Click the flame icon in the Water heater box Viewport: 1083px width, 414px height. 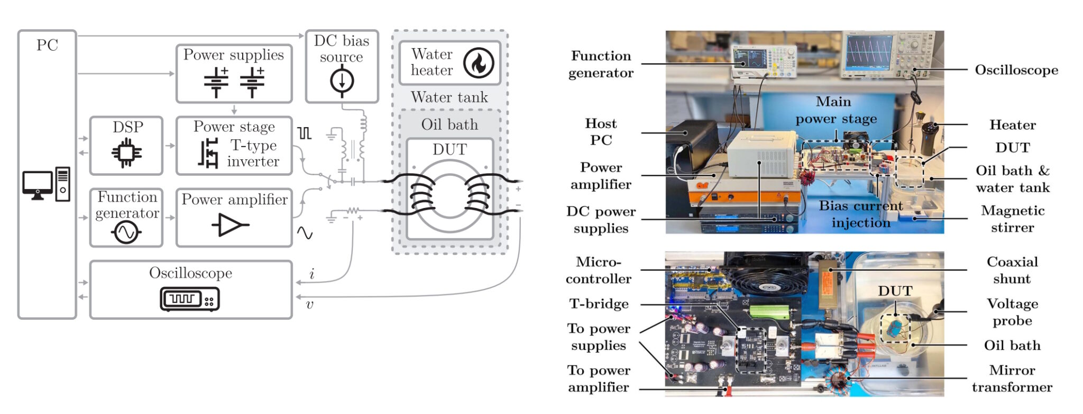[x=479, y=63]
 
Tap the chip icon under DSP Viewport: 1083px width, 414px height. [x=126, y=153]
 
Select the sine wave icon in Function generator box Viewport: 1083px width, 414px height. [x=126, y=232]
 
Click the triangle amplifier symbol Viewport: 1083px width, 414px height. [x=230, y=224]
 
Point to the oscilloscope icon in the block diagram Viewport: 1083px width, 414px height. [x=190, y=299]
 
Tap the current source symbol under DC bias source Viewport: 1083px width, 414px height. [x=342, y=82]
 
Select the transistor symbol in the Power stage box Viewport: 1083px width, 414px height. [x=208, y=153]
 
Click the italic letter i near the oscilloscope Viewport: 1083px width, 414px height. [x=312, y=274]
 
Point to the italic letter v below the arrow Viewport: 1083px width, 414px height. [x=310, y=304]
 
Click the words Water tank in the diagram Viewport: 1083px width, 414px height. [x=449, y=97]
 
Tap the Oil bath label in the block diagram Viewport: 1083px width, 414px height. [x=449, y=124]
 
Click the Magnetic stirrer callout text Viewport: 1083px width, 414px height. [x=1013, y=219]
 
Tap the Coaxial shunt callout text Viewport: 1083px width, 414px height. [x=1012, y=270]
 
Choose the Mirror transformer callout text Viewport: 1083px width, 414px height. [x=1012, y=379]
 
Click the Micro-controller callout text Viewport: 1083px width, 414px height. [x=599, y=270]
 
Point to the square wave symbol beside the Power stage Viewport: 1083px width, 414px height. [x=304, y=133]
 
